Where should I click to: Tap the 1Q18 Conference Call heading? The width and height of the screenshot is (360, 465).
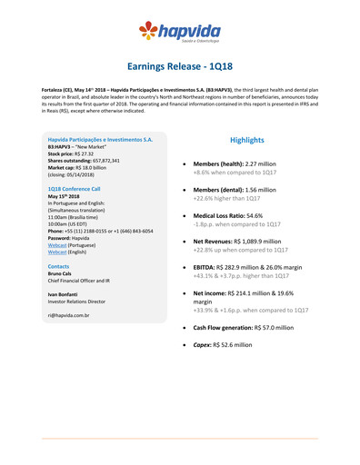point(74,187)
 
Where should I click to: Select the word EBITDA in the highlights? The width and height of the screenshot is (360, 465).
point(205,268)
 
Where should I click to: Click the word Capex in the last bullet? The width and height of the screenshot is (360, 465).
point(205,345)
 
